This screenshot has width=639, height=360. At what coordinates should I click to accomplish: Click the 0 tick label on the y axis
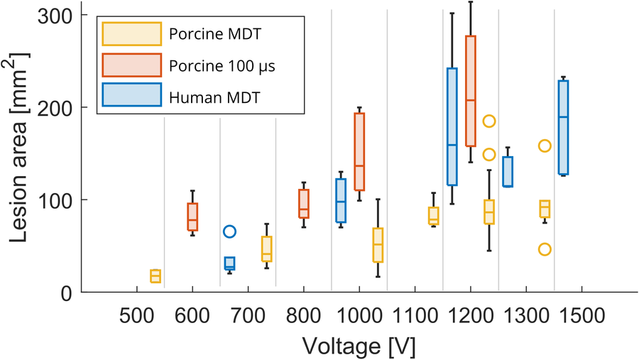(68, 293)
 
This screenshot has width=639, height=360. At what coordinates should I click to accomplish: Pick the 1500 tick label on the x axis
(581, 313)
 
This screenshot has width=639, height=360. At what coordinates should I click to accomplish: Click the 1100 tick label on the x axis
(415, 313)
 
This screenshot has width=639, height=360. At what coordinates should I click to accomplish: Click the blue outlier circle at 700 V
(229, 231)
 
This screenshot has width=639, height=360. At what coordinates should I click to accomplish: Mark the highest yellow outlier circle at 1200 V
(489, 121)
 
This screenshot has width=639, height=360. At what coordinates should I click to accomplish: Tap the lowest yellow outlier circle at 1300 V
(545, 249)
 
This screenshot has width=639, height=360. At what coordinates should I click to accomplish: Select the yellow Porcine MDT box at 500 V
(155, 276)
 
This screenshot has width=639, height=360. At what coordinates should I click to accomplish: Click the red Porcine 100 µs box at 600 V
(192, 217)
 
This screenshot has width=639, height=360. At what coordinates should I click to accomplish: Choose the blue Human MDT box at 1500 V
(563, 127)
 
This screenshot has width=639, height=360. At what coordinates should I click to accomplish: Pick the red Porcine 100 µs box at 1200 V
(470, 91)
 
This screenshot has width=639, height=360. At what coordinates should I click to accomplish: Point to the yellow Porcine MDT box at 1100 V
(433, 216)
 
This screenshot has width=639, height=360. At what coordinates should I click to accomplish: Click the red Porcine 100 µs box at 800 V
(303, 204)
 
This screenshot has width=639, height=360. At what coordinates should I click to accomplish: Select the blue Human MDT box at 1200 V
(452, 126)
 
